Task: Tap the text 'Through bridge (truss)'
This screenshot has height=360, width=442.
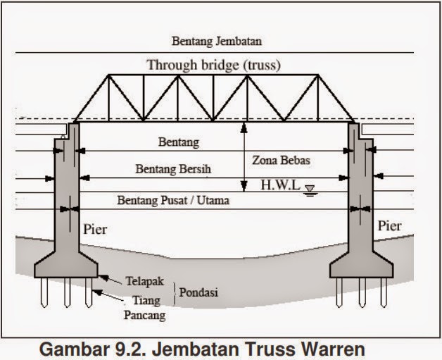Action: pyautogui.click(x=213, y=66)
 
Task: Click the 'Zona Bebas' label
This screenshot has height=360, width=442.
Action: pyautogui.click(x=281, y=161)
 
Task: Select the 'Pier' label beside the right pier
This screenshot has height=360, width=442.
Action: pyautogui.click(x=389, y=226)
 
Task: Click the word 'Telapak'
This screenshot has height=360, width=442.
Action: pyautogui.click(x=144, y=280)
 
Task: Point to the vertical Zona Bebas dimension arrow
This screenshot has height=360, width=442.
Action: pyautogui.click(x=244, y=156)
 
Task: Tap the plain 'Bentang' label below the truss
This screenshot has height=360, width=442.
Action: pyautogui.click(x=179, y=142)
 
